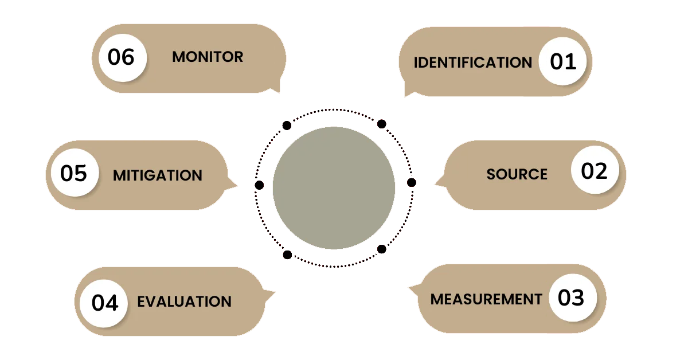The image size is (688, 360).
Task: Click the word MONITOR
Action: pyautogui.click(x=208, y=57)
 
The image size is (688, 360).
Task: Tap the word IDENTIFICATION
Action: pyautogui.click(x=473, y=62)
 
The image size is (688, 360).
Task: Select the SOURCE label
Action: pyautogui.click(x=517, y=174)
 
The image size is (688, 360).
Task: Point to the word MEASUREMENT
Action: pyautogui.click(x=486, y=299)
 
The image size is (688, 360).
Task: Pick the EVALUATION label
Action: pyautogui.click(x=184, y=302)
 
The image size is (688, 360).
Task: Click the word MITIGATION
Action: pyautogui.click(x=158, y=175)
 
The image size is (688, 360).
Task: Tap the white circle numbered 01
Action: pyautogui.click(x=563, y=61)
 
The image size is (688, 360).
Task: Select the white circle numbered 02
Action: pyautogui.click(x=595, y=171)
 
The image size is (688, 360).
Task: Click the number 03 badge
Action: pyautogui.click(x=572, y=298)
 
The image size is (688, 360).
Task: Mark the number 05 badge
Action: pyautogui.click(x=74, y=173)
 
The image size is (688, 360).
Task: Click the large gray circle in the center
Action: pyautogui.click(x=334, y=188)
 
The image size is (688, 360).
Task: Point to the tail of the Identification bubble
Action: pyautogui.click(x=409, y=92)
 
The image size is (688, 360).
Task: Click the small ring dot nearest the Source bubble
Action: pyautogui.click(x=411, y=182)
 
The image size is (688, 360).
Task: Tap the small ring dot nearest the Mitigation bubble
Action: pyautogui.click(x=259, y=185)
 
